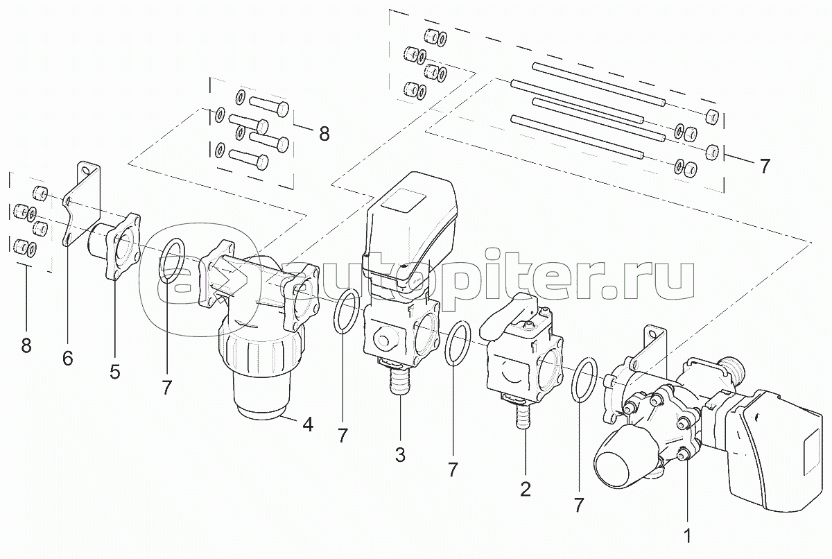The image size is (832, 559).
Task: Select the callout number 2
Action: [x=525, y=489]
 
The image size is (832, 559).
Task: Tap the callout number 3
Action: [x=400, y=455]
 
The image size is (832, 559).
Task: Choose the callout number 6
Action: [x=67, y=358]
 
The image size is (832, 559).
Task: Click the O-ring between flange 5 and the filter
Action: [x=172, y=262]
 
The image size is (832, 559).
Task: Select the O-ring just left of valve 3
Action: [x=347, y=312]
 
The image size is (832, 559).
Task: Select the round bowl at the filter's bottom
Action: [x=262, y=397]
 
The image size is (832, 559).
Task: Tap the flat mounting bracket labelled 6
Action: [x=82, y=205]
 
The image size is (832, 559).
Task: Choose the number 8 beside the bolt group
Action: [x=324, y=133]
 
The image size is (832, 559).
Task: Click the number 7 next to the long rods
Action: [x=763, y=166]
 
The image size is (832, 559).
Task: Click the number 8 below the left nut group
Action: [x=26, y=345]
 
